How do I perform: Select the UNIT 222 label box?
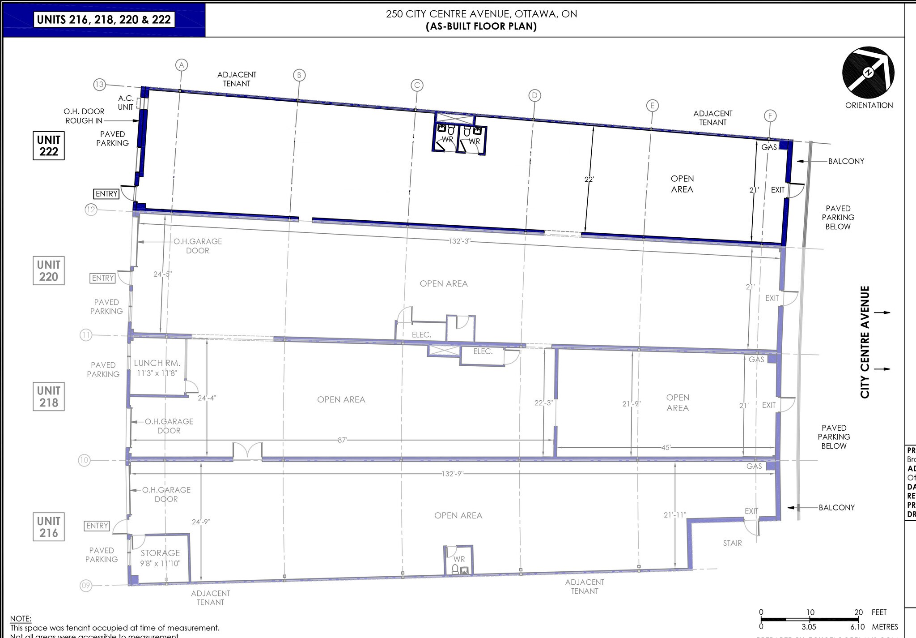coord(48,146)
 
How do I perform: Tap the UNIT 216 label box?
coord(48,527)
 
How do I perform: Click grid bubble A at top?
coord(181,65)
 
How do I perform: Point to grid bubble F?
coord(770,116)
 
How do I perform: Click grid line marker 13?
coord(99,84)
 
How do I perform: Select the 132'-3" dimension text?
coord(459,241)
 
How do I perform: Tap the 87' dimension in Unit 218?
coord(342,440)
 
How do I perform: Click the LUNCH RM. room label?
coord(157,363)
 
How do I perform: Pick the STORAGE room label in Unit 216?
coord(160,553)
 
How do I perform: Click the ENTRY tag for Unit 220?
coord(102,278)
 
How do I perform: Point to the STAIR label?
coord(732,543)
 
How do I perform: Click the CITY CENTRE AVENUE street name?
coord(865,342)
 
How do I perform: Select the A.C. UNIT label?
coord(126,103)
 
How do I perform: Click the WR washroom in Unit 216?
coord(458,560)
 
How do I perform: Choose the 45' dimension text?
coord(666,447)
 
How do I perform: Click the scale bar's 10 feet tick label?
coord(810,612)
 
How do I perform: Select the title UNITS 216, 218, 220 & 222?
coord(104,20)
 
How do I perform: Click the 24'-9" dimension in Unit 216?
coord(201,522)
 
